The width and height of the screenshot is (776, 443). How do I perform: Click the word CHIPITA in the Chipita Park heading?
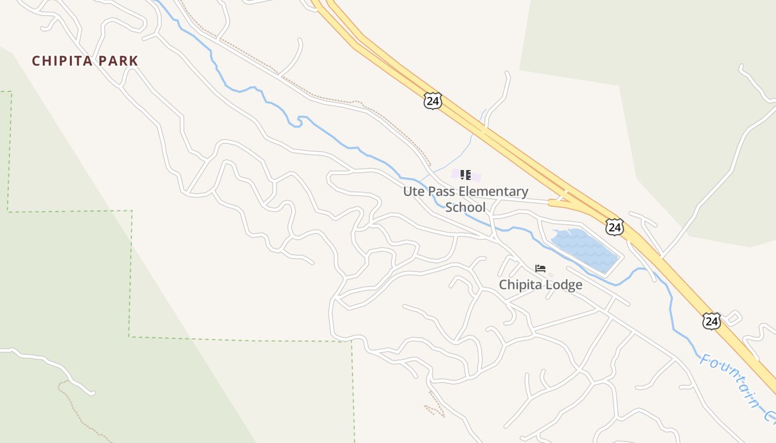click(62, 61)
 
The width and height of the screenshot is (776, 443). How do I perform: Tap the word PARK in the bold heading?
click(118, 61)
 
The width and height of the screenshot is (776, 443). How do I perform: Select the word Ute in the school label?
click(413, 192)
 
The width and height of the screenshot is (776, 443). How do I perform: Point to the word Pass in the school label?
click(442, 192)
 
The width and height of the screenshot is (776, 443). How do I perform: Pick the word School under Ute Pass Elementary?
click(465, 208)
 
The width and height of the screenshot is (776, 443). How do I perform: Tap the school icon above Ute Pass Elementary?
click(466, 176)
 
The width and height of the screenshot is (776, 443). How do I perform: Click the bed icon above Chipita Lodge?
click(540, 269)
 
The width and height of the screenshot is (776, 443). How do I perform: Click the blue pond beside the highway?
click(585, 249)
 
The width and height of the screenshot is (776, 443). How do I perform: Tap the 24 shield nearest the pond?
click(614, 227)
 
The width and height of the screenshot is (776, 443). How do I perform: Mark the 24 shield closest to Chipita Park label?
click(432, 101)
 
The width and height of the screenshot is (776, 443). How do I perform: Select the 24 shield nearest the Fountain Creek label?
click(711, 321)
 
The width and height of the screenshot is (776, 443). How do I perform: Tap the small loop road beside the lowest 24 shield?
click(733, 318)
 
